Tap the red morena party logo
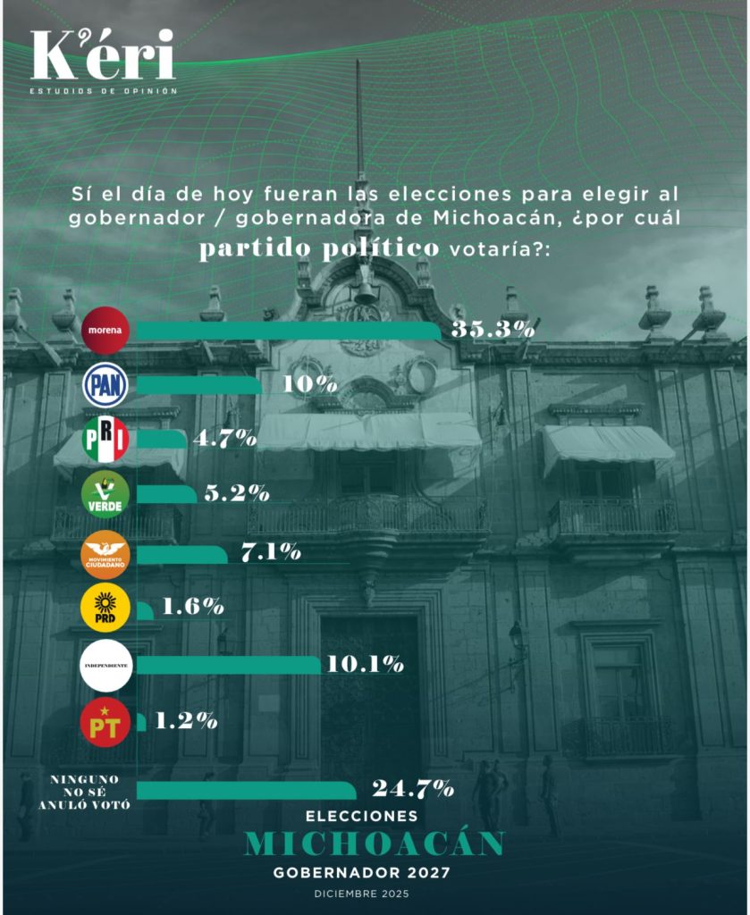click(105, 331)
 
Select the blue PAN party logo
click(105, 385)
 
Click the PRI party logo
click(105, 440)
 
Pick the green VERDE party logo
click(105, 494)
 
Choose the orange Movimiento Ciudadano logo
click(105, 554)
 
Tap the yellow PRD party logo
click(105, 608)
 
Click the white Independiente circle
click(106, 665)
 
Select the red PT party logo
click(105, 722)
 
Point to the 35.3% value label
click(493, 330)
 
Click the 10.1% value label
click(366, 664)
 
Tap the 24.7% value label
click(413, 788)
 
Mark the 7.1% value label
click(272, 552)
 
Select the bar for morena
click(289, 331)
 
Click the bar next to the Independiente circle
click(228, 665)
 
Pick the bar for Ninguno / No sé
click(247, 791)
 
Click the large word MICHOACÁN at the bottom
click(375, 844)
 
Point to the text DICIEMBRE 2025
click(362, 894)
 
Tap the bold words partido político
click(319, 249)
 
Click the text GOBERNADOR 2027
click(362, 873)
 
